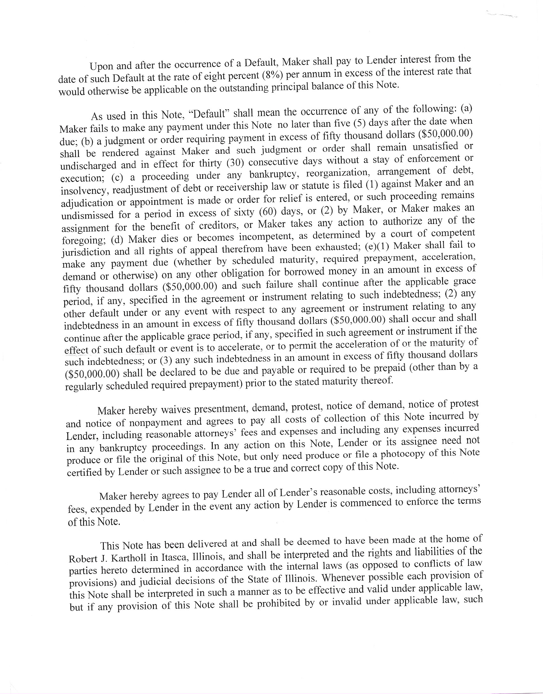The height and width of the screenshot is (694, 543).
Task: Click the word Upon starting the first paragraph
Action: [x=102, y=66]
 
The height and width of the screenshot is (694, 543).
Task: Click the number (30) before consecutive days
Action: [x=235, y=163]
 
